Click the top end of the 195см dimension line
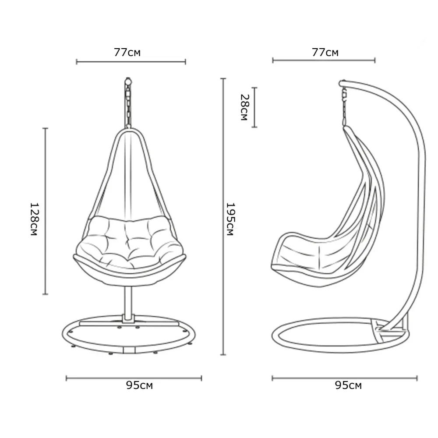click(223, 79)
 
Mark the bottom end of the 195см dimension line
click(223, 355)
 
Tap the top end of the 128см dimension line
click(45, 128)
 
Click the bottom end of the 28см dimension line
click(254, 127)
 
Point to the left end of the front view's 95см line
click(66, 378)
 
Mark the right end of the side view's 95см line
click(417, 378)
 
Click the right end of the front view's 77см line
click(185, 62)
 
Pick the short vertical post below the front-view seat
click(128, 304)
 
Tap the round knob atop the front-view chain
click(128, 81)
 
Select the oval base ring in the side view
click(341, 335)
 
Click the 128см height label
click(34, 219)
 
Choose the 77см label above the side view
click(325, 53)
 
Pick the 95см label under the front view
click(139, 385)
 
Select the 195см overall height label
click(230, 219)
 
